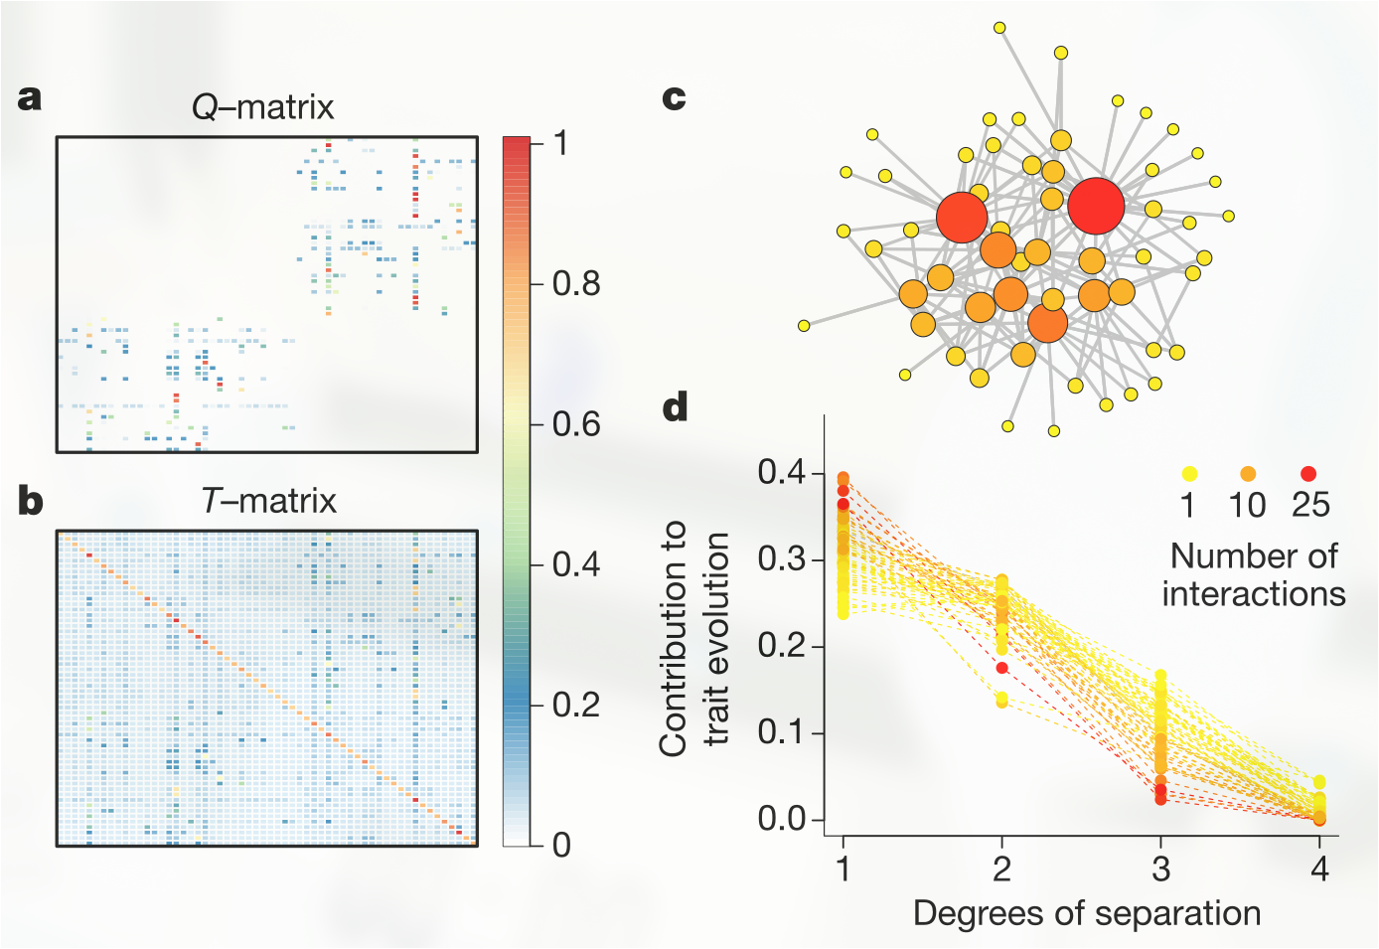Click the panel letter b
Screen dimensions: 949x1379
click(x=31, y=501)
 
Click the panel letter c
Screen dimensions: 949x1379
click(x=674, y=97)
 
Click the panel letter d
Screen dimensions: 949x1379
click(x=676, y=406)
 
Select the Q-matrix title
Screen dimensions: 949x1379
click(x=263, y=107)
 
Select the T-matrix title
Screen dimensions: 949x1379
click(x=268, y=501)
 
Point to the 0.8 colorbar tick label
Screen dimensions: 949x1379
click(x=576, y=284)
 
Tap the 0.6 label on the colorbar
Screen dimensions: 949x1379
click(x=576, y=424)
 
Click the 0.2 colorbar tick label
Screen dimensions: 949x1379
click(x=576, y=705)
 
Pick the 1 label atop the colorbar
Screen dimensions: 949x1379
click(x=561, y=144)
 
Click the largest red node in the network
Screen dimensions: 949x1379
click(x=1096, y=206)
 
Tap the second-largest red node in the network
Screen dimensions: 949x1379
click(x=962, y=217)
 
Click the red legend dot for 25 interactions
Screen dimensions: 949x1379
click(x=1308, y=474)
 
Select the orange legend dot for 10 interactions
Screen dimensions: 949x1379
click(x=1248, y=474)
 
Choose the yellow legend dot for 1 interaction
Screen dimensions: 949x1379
click(x=1189, y=474)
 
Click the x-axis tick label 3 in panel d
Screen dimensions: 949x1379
click(x=1160, y=870)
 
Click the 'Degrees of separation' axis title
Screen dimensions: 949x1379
click(x=1087, y=913)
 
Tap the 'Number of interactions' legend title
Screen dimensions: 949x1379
click(x=1254, y=574)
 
